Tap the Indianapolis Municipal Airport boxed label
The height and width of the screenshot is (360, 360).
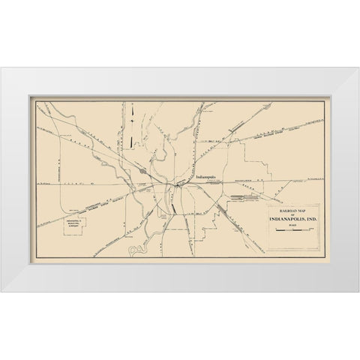click(73, 224)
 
